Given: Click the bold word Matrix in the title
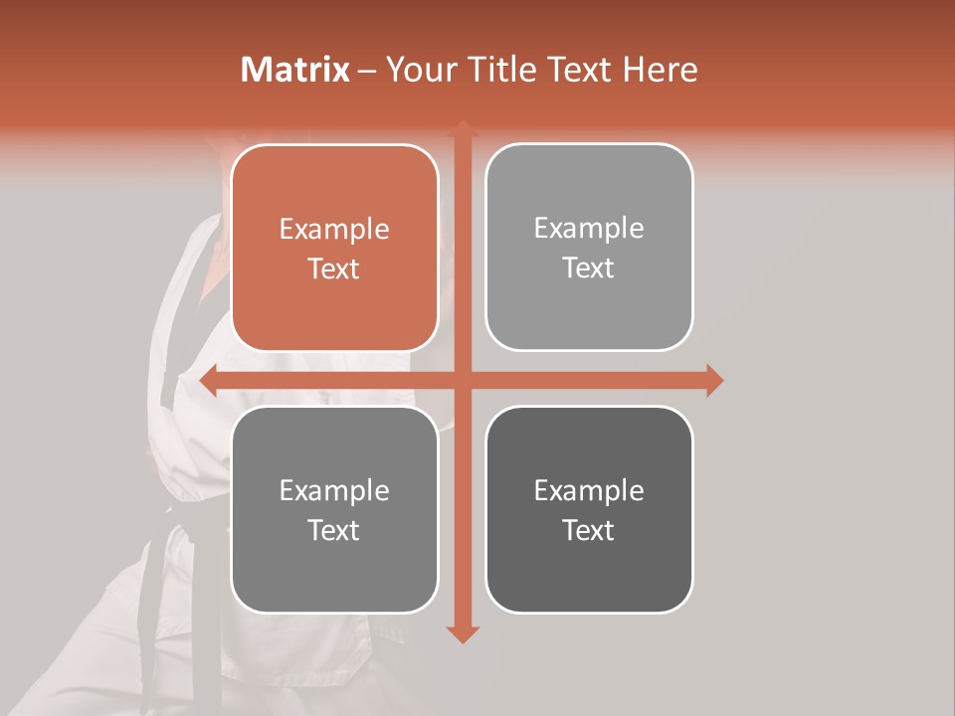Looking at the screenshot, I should [x=295, y=70].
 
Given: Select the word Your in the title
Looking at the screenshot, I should [x=418, y=70].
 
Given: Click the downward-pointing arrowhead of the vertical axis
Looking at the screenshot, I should [x=462, y=633].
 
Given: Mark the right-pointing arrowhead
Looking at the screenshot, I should [x=713, y=380].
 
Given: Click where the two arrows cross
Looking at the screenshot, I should [x=462, y=380].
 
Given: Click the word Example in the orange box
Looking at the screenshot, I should [x=334, y=230].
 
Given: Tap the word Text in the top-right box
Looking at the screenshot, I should [x=588, y=268].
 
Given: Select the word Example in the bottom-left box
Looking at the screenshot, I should [x=334, y=491].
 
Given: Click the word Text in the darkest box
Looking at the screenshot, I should [x=588, y=530].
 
